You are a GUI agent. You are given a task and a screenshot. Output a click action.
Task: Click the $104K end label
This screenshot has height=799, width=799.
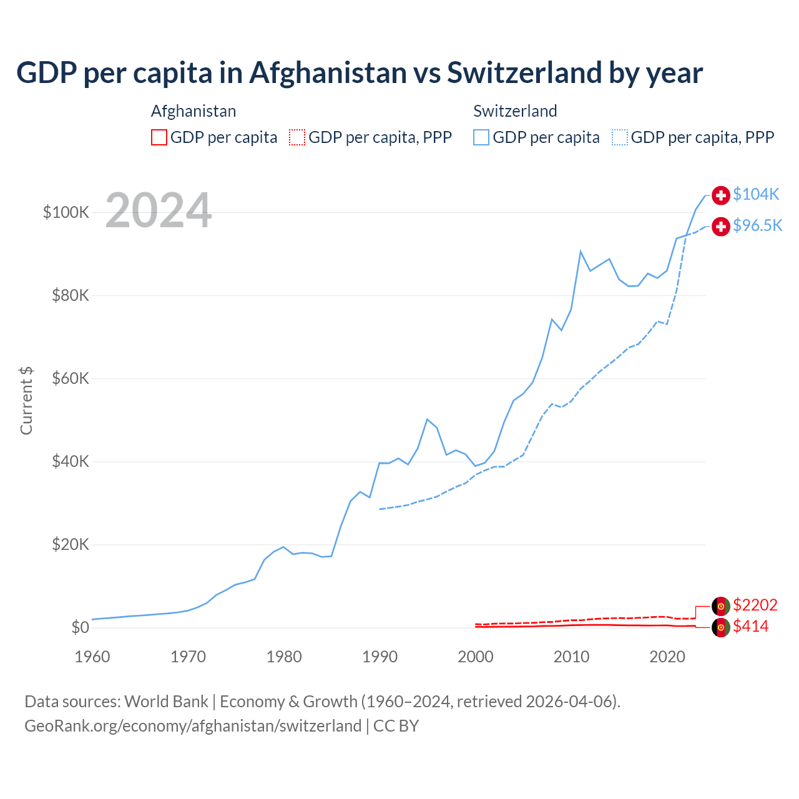[x=756, y=194]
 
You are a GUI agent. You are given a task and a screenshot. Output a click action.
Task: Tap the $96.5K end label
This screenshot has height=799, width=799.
[x=757, y=225]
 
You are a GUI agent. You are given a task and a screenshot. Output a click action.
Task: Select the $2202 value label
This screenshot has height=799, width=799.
[x=755, y=605]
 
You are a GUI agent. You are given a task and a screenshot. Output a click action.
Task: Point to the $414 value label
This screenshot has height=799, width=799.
[x=750, y=626]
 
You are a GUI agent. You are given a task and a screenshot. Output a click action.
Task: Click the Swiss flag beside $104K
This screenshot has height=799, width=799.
[x=721, y=195]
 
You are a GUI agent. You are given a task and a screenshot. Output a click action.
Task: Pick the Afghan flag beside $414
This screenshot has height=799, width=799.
[x=721, y=627]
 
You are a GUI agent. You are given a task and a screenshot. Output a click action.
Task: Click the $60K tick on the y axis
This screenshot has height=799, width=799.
[x=71, y=378]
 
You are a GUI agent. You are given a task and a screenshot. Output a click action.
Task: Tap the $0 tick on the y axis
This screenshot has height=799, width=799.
[x=80, y=627]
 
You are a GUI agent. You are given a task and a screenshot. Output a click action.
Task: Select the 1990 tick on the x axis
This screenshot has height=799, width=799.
[x=380, y=657]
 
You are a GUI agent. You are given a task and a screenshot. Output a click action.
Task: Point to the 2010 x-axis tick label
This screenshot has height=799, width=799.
[x=571, y=657]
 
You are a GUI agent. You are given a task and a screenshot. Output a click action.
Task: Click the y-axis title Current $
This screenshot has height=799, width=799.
[x=26, y=401]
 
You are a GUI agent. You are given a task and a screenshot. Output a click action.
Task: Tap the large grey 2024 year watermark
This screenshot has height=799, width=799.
[x=159, y=210]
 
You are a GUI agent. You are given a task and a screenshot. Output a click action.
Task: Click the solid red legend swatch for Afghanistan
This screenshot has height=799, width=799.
[x=159, y=137]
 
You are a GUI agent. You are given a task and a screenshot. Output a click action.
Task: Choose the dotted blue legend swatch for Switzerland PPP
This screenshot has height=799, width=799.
[x=620, y=137]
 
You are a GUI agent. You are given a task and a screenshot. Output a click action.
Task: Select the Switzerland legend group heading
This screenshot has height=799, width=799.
[x=515, y=111]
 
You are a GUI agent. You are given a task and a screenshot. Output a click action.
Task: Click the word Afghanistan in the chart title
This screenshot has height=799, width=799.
[x=328, y=72]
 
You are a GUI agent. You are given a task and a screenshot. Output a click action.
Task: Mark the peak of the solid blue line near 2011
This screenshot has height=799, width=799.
[x=581, y=252]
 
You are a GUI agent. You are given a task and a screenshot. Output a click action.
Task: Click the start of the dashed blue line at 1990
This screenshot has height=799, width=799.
[x=380, y=509]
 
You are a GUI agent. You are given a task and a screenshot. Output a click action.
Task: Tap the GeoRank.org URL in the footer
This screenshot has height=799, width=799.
[x=193, y=726]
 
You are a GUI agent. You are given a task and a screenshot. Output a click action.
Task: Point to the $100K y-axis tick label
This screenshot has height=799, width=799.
[x=66, y=212]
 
